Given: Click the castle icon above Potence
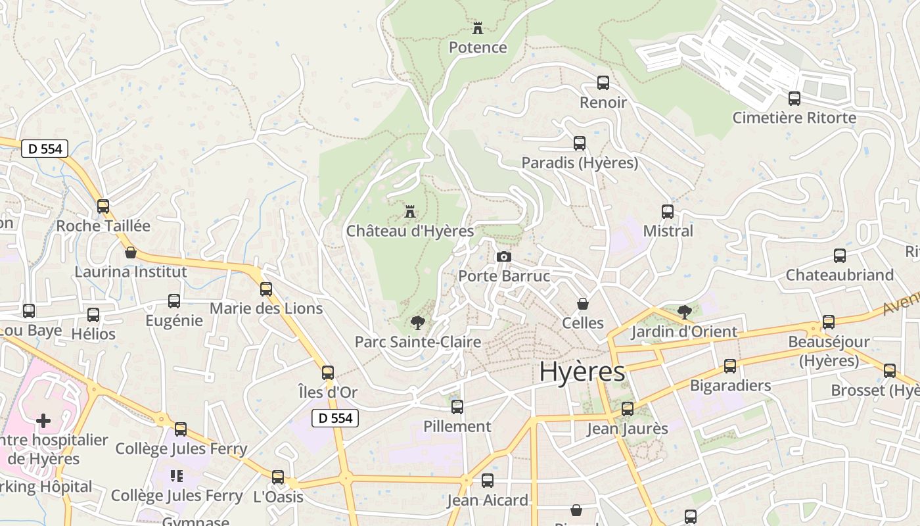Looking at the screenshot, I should [x=478, y=28].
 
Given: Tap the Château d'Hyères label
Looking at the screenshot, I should [x=410, y=231].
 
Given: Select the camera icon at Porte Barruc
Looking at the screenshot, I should [x=504, y=256].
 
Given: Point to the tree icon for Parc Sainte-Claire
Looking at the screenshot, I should [x=417, y=322].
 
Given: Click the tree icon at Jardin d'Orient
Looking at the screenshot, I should [x=684, y=312].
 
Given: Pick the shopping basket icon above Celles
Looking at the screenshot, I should [x=582, y=304].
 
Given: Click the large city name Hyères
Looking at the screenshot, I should [x=582, y=372].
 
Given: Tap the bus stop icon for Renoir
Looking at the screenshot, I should [x=603, y=83].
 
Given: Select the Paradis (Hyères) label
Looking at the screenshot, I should [x=580, y=162].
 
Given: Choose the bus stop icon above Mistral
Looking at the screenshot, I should [x=668, y=212].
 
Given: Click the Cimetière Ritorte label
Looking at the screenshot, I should [x=794, y=118].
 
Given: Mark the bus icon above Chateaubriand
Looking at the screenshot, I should [x=840, y=256].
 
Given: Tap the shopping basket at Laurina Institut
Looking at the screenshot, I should [x=131, y=252].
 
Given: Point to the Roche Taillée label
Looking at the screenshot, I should [x=103, y=226].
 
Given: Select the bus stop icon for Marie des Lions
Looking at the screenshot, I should [x=266, y=289].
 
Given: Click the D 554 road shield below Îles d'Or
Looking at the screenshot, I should [x=334, y=418].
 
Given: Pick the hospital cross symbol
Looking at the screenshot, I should [x=43, y=420].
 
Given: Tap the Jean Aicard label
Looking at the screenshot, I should [x=487, y=500].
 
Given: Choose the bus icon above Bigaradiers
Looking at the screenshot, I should [x=730, y=366].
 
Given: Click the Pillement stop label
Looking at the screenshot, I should [x=457, y=426].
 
